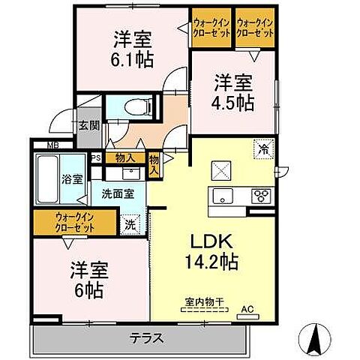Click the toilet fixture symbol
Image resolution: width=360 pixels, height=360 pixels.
pos(136,106)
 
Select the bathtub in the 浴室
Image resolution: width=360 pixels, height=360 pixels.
pos(46,180)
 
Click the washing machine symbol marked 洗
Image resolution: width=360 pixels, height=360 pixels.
pos(130,223)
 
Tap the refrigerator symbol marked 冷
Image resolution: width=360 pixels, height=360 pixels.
pos(263,148)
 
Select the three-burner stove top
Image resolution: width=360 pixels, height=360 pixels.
pos(261,196)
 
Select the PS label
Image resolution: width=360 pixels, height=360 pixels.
pos(96,158)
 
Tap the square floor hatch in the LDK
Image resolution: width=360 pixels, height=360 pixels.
pos(220,169)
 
